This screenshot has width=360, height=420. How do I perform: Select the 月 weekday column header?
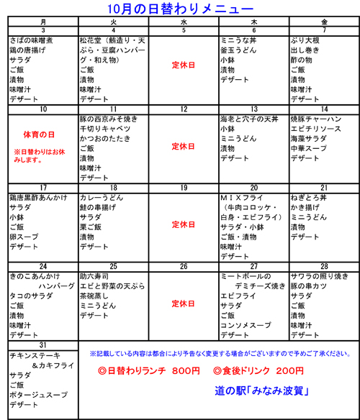(43, 23)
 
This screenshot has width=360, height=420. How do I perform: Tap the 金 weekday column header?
(323, 23)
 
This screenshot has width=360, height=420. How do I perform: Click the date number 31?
(43, 344)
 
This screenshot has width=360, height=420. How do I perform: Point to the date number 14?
(324, 109)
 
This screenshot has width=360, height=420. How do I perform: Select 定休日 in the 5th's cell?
(184, 65)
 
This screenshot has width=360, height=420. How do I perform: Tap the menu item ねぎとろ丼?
(310, 198)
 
